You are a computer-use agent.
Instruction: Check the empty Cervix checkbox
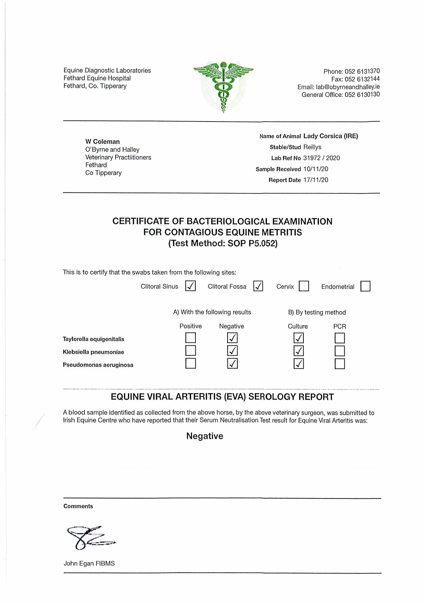click(304, 286)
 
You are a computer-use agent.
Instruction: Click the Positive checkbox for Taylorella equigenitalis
click(190, 338)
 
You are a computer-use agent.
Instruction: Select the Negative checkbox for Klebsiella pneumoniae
click(232, 351)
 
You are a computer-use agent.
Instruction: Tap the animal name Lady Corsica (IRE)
click(330, 136)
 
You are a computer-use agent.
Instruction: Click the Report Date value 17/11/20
click(316, 180)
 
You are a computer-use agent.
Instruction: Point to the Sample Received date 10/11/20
click(316, 169)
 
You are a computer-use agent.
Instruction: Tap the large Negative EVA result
click(205, 436)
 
